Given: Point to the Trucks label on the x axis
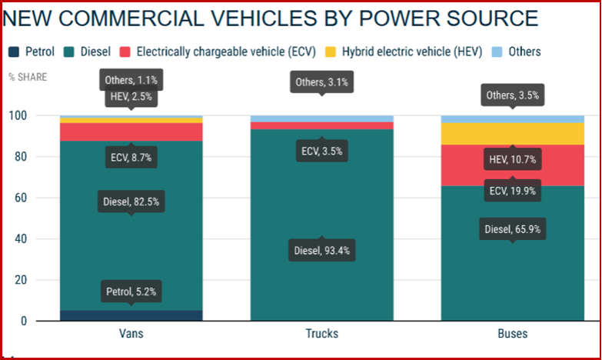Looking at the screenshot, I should tap(321, 334).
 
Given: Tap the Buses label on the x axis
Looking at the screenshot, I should tap(512, 334).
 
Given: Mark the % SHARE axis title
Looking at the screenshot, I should tap(28, 77).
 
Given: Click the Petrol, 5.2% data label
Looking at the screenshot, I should tap(130, 292).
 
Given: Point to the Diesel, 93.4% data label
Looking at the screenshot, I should tap(321, 250).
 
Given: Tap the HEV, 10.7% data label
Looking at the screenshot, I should tap(512, 160).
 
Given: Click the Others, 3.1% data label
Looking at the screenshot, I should tap(321, 82).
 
